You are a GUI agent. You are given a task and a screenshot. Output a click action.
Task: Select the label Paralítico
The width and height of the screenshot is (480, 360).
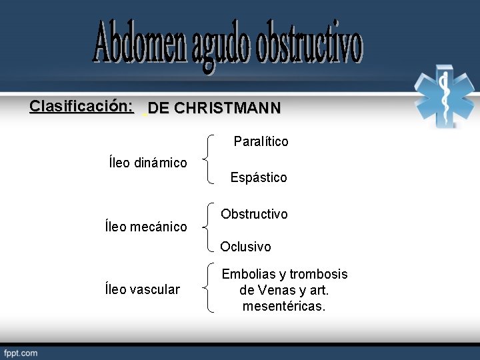[x=261, y=142]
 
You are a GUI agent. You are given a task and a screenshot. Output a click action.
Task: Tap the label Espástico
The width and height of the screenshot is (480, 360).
[x=259, y=177]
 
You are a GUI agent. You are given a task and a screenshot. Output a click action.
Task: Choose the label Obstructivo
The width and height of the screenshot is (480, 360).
[x=254, y=214]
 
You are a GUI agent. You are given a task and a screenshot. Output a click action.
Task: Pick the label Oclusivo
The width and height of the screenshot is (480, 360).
[x=245, y=247]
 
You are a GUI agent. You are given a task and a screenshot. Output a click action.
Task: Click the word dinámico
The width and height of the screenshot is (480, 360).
[x=160, y=163]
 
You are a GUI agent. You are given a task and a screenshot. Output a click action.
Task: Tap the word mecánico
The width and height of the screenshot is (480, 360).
[x=158, y=227]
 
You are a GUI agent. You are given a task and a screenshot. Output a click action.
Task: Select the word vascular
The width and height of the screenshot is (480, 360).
[x=154, y=289]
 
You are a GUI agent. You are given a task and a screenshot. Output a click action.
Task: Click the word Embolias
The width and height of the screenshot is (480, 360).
[x=247, y=275]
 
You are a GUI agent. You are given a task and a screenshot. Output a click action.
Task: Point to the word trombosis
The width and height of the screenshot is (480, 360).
[x=319, y=275]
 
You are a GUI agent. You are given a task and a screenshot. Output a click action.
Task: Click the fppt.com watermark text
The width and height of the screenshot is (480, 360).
[x=21, y=353]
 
